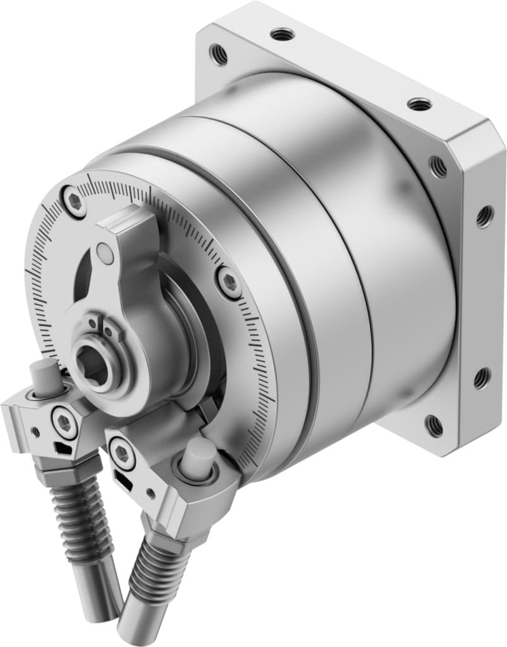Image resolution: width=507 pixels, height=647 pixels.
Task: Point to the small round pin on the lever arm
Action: pyautogui.click(x=107, y=254)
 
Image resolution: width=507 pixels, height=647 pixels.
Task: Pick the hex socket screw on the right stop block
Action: pyautogui.click(x=122, y=454)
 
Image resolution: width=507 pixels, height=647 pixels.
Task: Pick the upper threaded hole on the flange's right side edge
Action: pyautogui.click(x=484, y=216)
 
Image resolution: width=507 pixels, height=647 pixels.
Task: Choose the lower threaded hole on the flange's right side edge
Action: pyautogui.click(x=482, y=378)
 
